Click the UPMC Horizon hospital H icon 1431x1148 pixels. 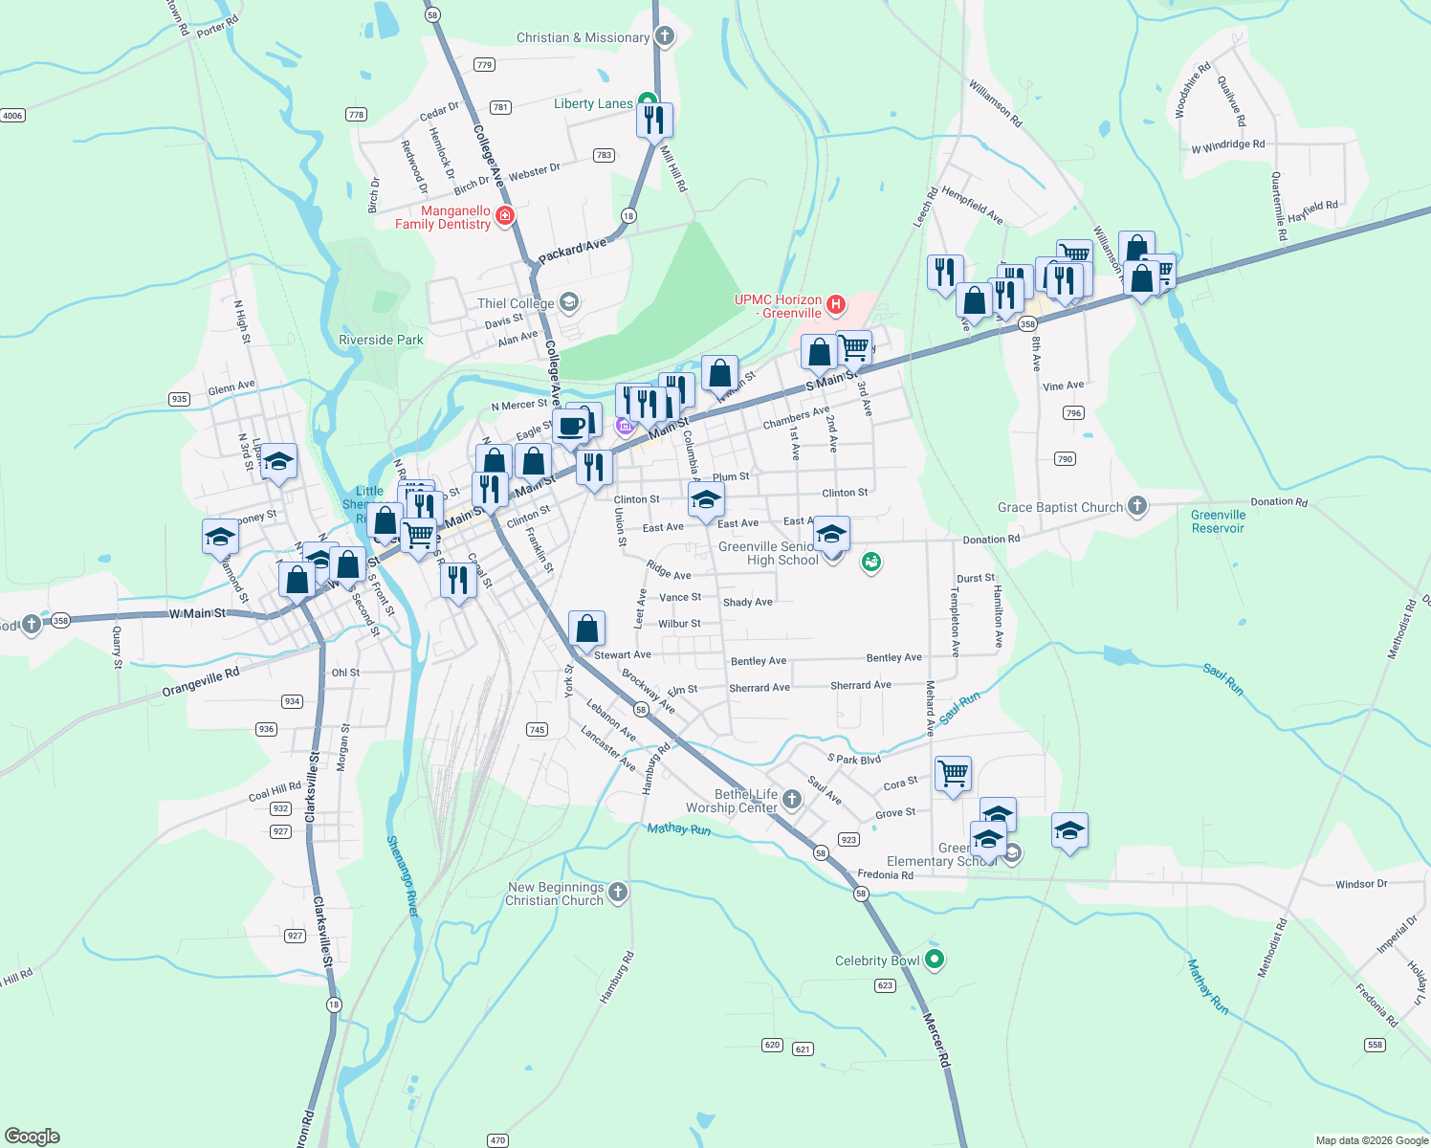point(836,305)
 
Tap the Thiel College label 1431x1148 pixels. point(516,303)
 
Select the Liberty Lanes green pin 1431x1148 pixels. point(648,100)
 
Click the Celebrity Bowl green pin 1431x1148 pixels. point(935,960)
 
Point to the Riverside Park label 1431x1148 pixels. point(381,340)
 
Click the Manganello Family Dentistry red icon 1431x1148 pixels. point(505,216)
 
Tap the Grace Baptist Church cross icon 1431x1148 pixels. point(1136,505)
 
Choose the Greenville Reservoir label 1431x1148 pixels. point(1218,521)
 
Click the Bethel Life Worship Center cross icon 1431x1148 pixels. point(791,799)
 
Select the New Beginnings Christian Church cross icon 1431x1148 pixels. point(618,893)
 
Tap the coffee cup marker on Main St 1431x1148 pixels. point(571,427)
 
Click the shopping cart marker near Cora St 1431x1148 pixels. point(954,773)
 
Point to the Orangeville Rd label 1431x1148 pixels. point(201,682)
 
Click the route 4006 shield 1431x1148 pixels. point(12,116)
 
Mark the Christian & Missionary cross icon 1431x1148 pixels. point(665,36)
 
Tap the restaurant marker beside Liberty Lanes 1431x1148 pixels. point(654,121)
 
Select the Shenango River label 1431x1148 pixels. point(403,876)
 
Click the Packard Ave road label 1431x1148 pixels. point(572,252)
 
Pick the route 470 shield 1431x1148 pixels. point(497,1140)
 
